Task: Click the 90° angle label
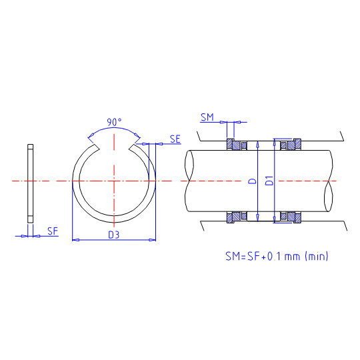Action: click(x=114, y=122)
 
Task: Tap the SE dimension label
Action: click(x=175, y=139)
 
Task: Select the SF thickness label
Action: click(x=53, y=231)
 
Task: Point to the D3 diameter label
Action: click(x=114, y=235)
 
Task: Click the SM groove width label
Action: click(x=207, y=117)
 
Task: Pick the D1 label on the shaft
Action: click(x=269, y=181)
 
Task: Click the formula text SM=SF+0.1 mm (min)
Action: click(x=277, y=256)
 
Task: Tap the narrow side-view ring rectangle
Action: click(x=30, y=183)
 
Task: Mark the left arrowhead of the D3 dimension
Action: click(x=76, y=240)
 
